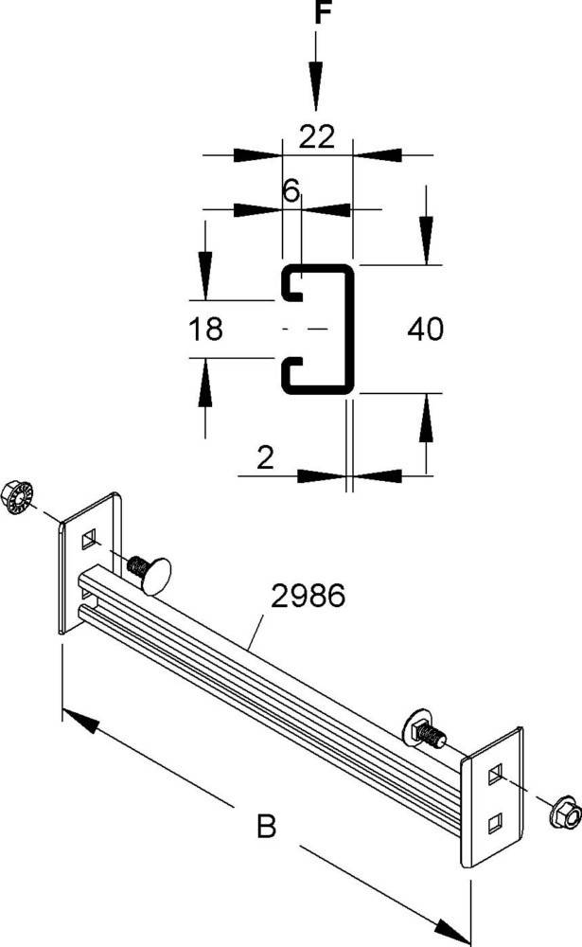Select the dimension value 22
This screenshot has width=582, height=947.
pos(317,137)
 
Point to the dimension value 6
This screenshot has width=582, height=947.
pos(291,190)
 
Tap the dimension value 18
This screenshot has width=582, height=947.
pos(205,330)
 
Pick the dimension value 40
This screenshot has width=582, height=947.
pos(426,329)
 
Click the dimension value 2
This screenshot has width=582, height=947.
pos(265,459)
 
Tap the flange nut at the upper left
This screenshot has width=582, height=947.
pos(18,495)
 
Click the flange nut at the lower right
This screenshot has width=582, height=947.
pos(562,809)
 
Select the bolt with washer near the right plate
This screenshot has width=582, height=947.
pos(426,728)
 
